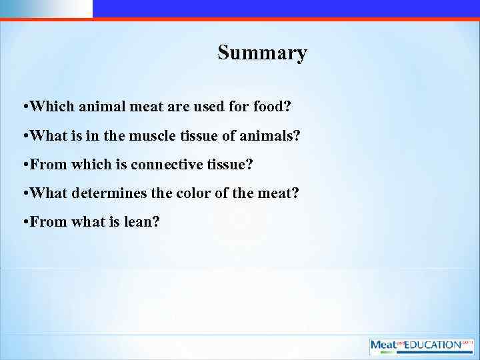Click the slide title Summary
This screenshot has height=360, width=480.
click(262, 53)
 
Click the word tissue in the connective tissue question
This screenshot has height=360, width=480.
click(230, 164)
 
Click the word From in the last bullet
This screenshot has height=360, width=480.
click(46, 222)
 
